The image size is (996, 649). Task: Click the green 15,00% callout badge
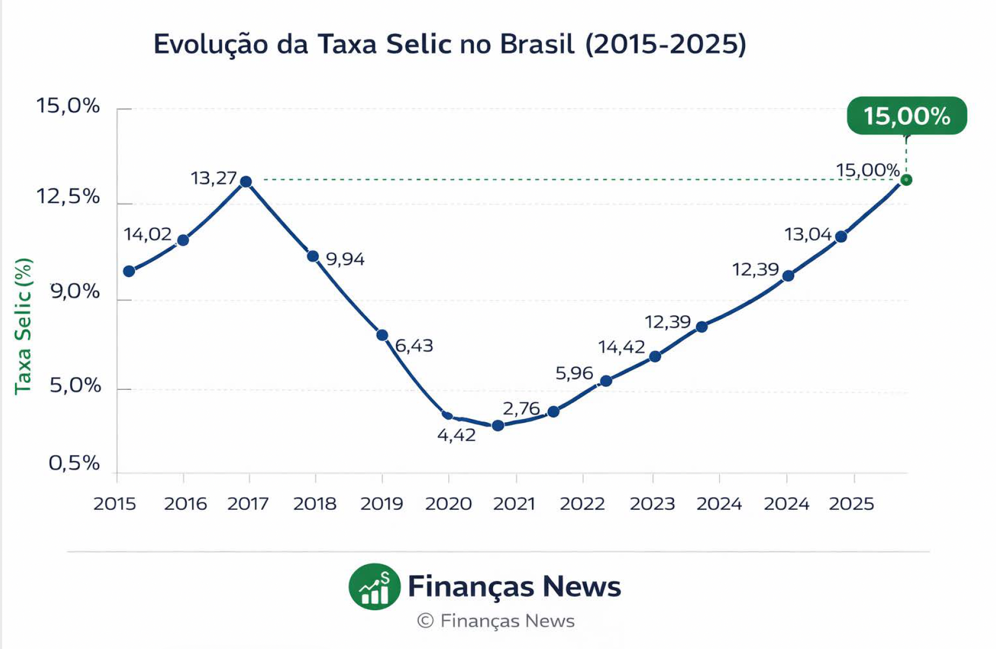(x=906, y=116)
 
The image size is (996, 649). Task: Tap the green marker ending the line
(x=906, y=180)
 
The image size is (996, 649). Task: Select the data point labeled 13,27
(x=245, y=181)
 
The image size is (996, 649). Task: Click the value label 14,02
(x=147, y=234)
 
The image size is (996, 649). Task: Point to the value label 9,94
(x=345, y=259)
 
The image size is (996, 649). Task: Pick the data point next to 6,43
(x=382, y=335)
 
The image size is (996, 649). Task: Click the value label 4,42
(x=456, y=435)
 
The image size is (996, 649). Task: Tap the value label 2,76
(x=521, y=408)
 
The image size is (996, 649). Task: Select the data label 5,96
(x=574, y=373)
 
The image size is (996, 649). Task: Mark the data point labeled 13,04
(x=841, y=236)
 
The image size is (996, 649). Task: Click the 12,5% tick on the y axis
(x=69, y=197)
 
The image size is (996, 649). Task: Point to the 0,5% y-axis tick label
(x=74, y=463)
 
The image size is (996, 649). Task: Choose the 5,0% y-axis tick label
(x=75, y=386)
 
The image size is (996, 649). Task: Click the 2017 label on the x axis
(x=248, y=504)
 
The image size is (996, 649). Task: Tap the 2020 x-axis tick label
(x=448, y=504)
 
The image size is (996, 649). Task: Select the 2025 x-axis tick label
(x=851, y=504)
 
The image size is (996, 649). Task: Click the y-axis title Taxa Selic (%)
(x=23, y=326)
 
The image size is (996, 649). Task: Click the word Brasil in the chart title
(x=537, y=44)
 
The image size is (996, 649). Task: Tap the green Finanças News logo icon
(x=374, y=587)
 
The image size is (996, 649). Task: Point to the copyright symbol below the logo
(x=425, y=621)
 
